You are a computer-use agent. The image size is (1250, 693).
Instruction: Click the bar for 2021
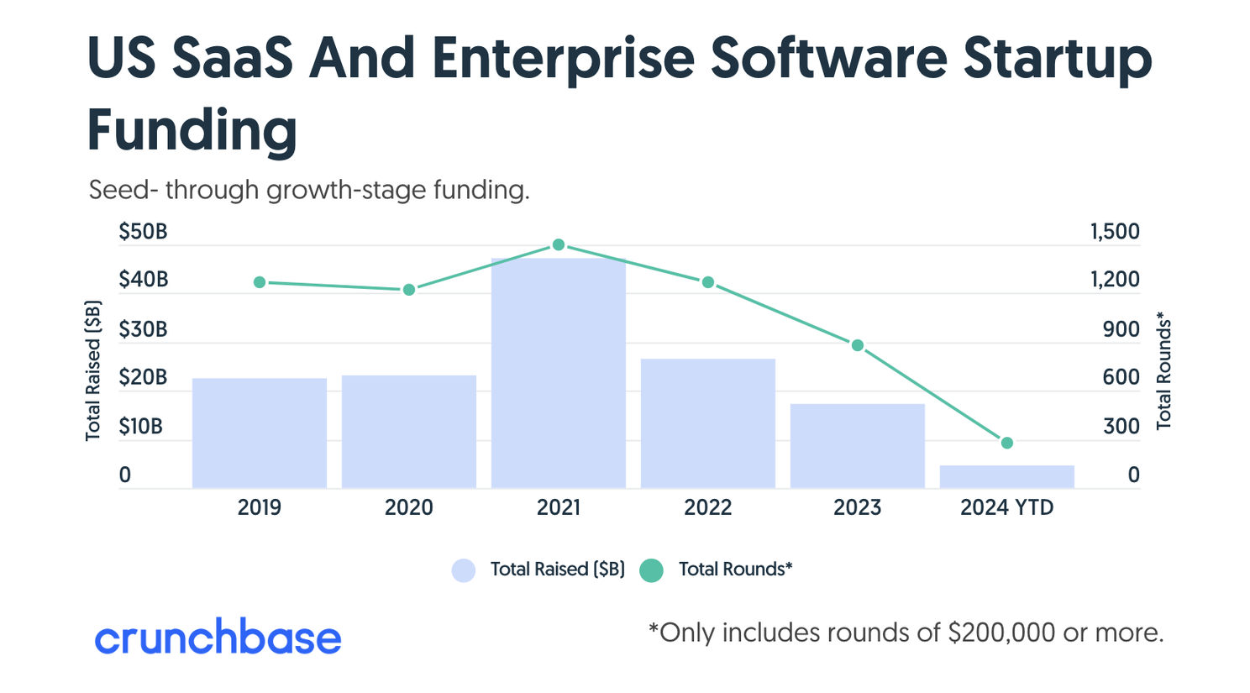click(x=558, y=373)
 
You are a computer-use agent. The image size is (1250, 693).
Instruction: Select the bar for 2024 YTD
click(x=1006, y=477)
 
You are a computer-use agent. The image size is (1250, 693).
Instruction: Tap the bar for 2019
click(x=259, y=433)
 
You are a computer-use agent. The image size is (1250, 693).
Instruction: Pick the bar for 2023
click(x=857, y=446)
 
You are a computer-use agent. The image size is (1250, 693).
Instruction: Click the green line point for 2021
click(x=559, y=245)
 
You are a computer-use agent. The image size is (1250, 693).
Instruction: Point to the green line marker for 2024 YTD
click(x=1007, y=443)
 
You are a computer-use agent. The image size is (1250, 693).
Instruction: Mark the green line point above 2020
click(x=409, y=290)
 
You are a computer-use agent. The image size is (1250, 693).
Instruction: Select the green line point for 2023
click(x=858, y=345)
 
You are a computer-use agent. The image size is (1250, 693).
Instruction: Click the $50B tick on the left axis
click(x=143, y=232)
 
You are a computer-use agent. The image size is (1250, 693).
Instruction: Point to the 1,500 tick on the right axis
click(x=1115, y=232)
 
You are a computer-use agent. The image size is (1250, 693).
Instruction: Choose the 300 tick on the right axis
click(x=1121, y=427)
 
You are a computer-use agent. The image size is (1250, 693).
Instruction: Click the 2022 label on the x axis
click(x=707, y=507)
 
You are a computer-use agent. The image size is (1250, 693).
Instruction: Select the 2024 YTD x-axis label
click(x=1006, y=507)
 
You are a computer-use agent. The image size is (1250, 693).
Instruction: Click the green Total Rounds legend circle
click(x=651, y=570)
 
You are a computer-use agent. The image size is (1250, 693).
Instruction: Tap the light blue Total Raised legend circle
click(x=464, y=570)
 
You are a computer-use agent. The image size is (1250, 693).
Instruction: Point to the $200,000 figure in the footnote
click(x=1001, y=633)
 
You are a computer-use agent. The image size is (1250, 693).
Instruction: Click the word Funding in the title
click(x=192, y=131)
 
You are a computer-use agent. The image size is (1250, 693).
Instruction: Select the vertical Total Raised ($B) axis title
click(x=93, y=370)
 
